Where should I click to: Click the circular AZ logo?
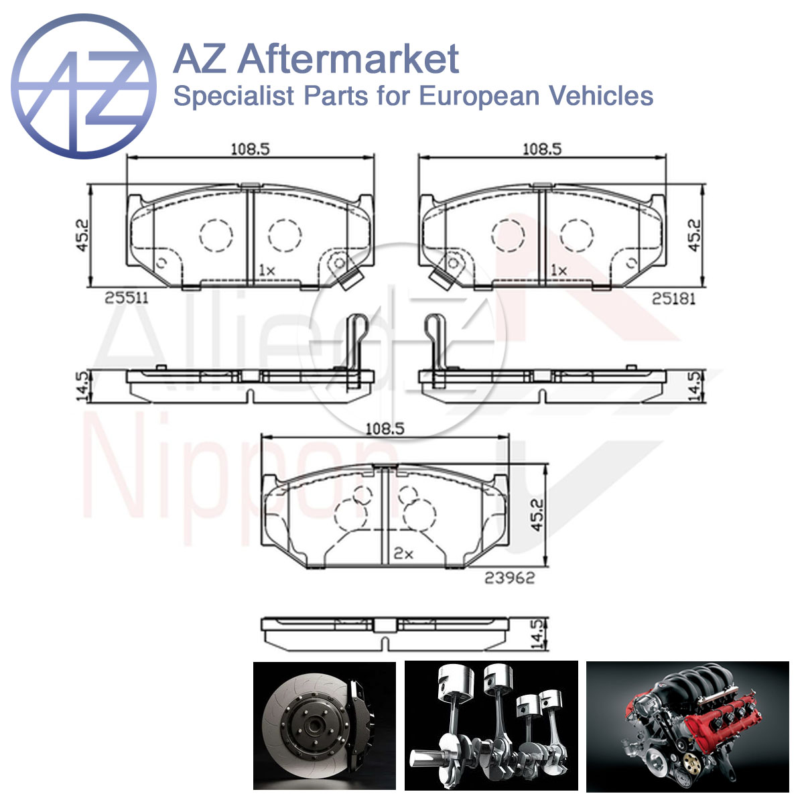(84, 86)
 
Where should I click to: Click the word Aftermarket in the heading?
(348, 59)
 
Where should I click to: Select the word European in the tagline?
(479, 96)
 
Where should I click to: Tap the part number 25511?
(126, 298)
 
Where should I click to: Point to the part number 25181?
(673, 299)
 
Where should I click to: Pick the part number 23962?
(509, 578)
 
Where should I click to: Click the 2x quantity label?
(403, 553)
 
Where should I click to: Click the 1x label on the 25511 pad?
(267, 271)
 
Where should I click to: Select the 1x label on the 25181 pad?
(559, 271)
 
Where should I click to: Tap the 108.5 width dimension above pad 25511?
(251, 149)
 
